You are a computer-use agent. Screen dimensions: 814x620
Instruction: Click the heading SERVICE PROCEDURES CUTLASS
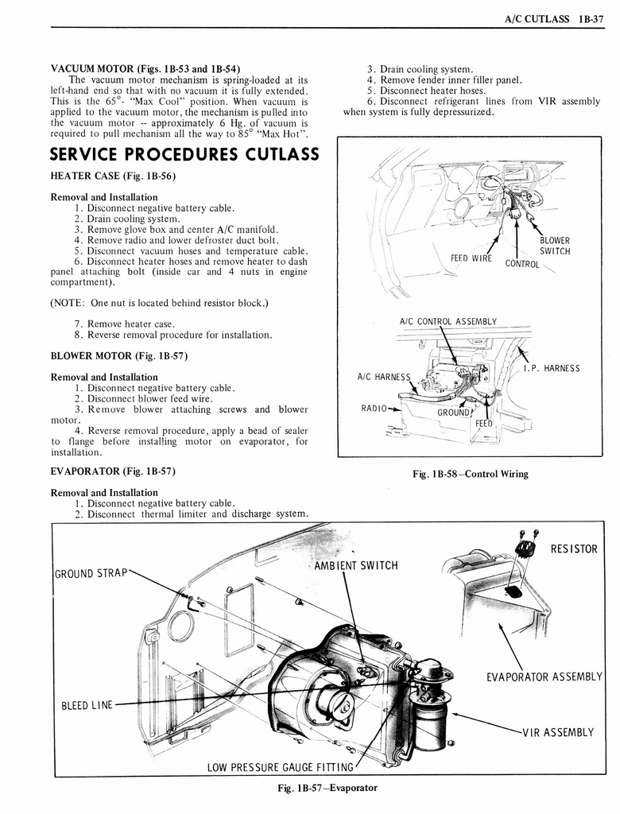tap(184, 153)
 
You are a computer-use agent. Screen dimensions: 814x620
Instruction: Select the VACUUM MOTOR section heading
tap(145, 68)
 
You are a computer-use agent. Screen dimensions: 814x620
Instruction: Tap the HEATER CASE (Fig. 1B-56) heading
tap(112, 175)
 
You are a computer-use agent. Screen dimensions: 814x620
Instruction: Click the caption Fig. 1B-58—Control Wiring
tap(470, 474)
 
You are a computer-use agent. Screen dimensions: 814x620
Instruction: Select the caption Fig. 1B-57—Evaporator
tap(322, 788)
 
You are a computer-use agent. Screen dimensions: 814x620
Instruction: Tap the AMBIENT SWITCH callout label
tap(355, 565)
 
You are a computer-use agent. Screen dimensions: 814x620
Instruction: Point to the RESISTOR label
tap(573, 548)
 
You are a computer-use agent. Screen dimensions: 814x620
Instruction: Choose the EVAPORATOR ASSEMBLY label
tap(544, 677)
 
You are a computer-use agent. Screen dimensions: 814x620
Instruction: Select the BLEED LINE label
tap(87, 704)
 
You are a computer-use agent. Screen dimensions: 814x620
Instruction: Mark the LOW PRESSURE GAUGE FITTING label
tap(280, 767)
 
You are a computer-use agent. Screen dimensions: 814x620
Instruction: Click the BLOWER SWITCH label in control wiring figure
tap(554, 246)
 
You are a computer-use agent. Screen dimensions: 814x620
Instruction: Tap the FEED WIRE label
tap(471, 258)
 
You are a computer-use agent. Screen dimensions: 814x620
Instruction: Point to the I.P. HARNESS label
tap(551, 368)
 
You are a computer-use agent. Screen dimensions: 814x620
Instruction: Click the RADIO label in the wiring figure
tap(373, 409)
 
